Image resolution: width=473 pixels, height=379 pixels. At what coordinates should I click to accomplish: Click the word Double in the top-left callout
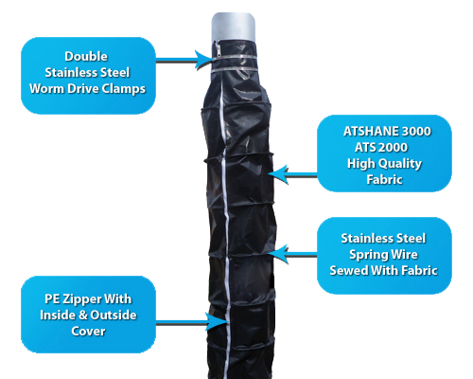pos(86,57)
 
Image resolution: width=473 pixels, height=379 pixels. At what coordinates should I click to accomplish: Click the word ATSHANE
pos(367,132)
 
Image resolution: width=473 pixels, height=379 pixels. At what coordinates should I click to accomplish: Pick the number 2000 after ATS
pos(394,148)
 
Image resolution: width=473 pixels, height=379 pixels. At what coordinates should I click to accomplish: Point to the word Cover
pos(88,332)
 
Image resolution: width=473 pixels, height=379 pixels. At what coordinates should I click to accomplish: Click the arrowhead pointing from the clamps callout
pos(203,60)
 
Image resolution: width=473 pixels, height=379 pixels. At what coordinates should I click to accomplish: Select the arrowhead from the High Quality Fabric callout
pos(278,174)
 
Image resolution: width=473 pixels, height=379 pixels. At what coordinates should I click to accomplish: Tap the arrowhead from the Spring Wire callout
pos(278,254)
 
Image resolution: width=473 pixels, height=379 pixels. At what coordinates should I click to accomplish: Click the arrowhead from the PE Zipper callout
pos(218,322)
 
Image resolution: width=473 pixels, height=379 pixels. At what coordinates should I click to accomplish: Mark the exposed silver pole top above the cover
pos(233,27)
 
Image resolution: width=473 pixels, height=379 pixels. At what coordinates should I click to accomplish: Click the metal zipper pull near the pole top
pos(217,48)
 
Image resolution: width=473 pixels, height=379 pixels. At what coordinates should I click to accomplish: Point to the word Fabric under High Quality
pos(384,180)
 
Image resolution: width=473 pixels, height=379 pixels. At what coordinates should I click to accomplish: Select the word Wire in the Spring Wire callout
pos(404,255)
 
